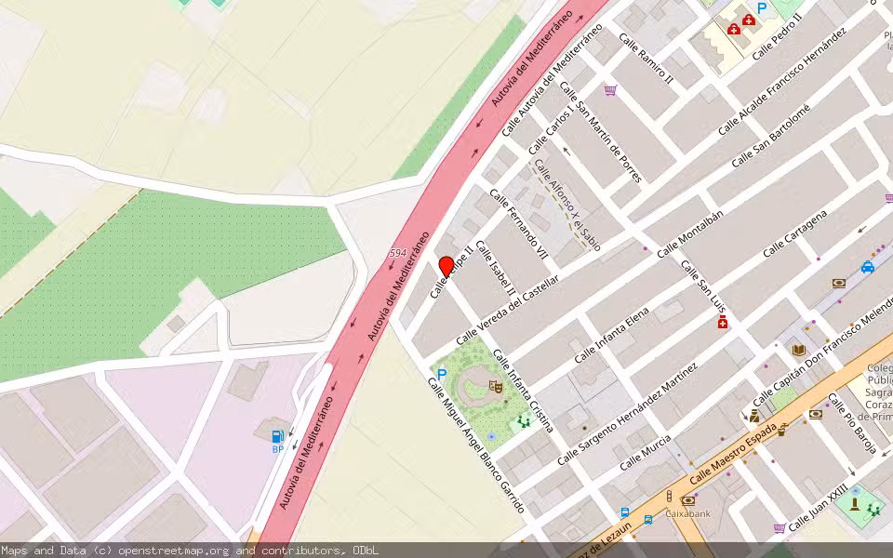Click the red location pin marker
tap(446, 266)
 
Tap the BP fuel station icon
tap(276, 436)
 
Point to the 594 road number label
tap(398, 253)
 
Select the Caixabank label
tap(689, 512)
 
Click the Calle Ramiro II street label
tap(646, 61)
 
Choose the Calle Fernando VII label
tap(519, 224)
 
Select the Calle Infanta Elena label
tap(611, 336)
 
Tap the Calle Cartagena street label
tap(794, 234)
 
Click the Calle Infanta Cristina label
tap(524, 391)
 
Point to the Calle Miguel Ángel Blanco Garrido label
tap(476, 445)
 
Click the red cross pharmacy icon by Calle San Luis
tap(722, 322)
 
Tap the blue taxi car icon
tap(867, 268)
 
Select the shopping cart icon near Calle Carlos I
tap(610, 90)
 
